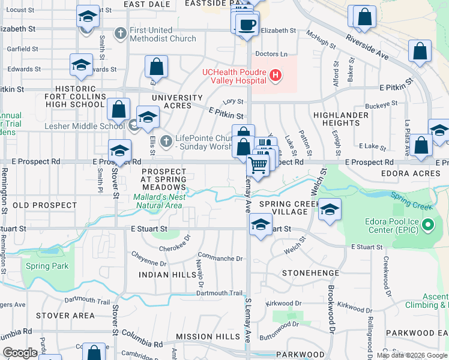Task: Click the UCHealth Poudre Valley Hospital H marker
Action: tap(275, 75)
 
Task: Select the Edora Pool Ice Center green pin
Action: tap(427, 226)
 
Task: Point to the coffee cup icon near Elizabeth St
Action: tap(246, 25)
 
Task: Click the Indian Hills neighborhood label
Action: tap(159, 274)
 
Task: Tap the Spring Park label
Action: tap(47, 266)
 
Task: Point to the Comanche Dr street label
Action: tap(220, 259)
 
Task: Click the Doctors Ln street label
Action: tap(267, 54)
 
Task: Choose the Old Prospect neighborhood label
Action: tap(44, 205)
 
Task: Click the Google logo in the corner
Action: tap(19, 352)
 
